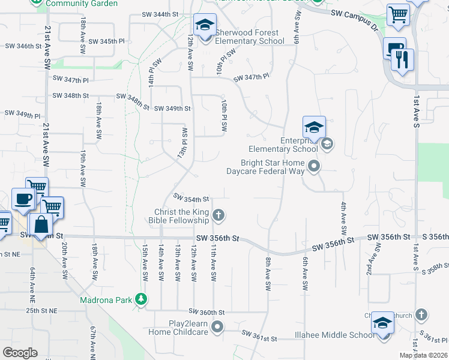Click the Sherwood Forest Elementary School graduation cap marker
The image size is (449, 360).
point(205,25)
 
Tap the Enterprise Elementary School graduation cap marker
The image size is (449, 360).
point(314,128)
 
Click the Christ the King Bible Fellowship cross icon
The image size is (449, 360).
point(219,215)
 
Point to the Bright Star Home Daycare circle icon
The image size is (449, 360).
point(313,166)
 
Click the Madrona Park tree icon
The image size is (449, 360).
point(140,299)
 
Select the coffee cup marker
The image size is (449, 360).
point(23,199)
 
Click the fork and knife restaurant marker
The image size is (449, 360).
point(402,59)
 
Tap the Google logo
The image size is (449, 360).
point(20,353)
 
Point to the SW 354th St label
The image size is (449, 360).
point(191,198)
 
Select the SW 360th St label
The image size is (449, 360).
point(206,312)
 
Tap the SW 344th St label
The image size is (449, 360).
point(160,13)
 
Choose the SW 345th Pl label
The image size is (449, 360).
point(106,41)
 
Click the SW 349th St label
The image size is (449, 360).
point(172,109)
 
